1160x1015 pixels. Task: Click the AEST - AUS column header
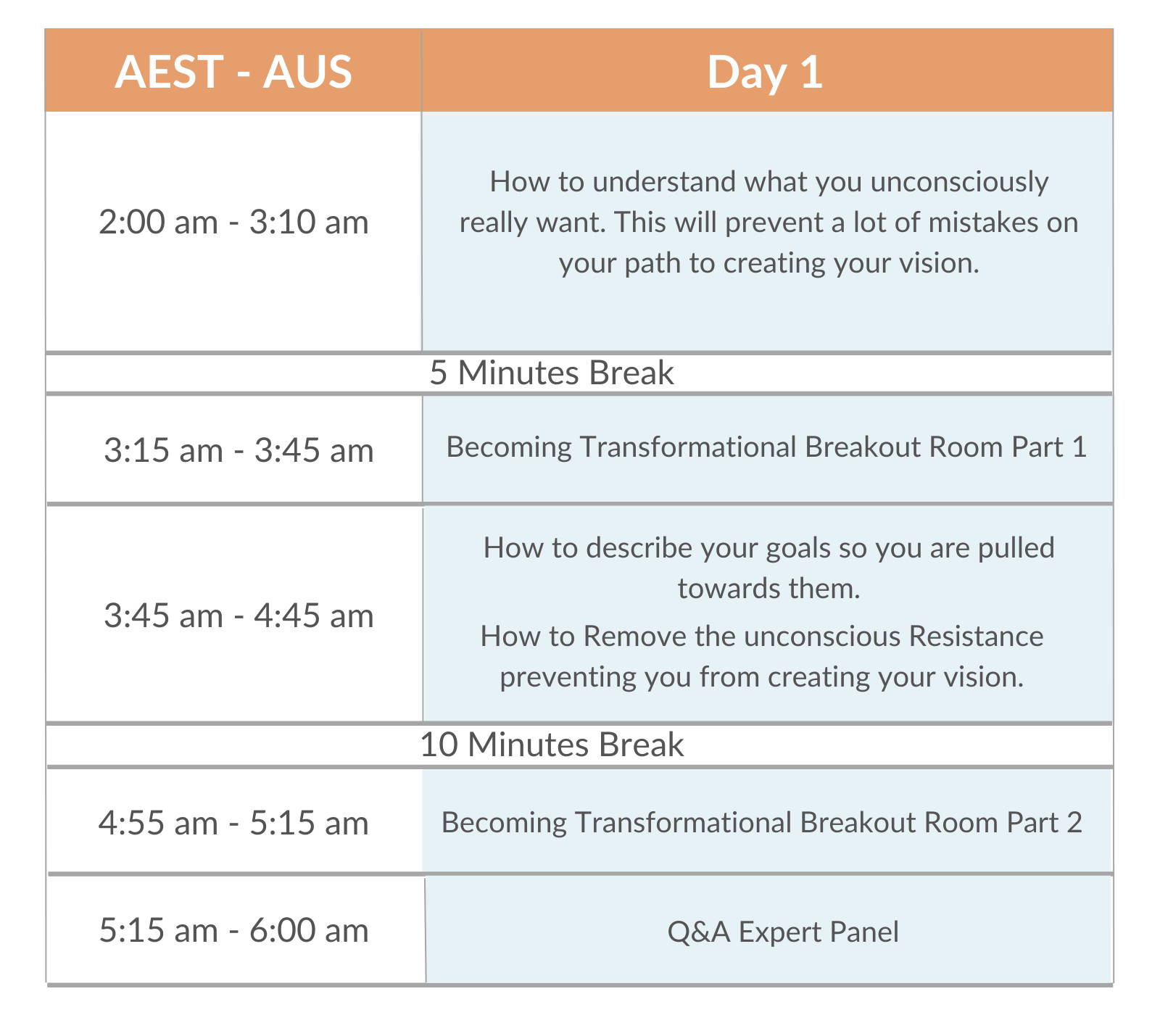pos(233,72)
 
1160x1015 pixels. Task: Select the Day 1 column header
pos(765,72)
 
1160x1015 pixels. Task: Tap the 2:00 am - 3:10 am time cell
pos(233,222)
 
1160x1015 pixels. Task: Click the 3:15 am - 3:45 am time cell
pos(239,450)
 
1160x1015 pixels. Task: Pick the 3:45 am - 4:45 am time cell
pos(239,616)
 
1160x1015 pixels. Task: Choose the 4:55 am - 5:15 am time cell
pos(233,823)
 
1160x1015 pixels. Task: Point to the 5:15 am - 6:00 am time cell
pos(233,930)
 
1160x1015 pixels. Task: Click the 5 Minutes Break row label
pos(552,373)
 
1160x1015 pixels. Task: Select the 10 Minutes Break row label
pos(552,745)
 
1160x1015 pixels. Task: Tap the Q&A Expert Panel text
pos(783,932)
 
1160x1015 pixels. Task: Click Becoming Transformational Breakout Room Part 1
pos(766,447)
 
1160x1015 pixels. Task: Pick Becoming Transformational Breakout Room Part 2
pos(761,823)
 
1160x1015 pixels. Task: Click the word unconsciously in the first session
pos(959,182)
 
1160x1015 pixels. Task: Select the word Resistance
pos(976,636)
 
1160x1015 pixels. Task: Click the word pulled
pos(1016,548)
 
